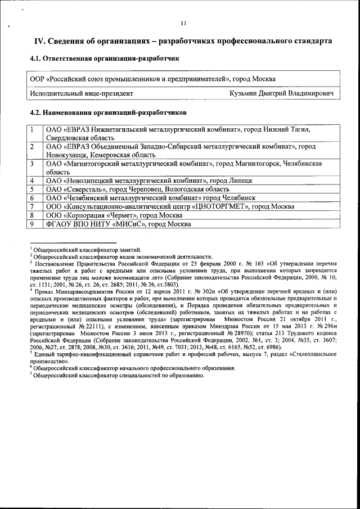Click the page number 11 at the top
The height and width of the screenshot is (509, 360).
tap(183, 23)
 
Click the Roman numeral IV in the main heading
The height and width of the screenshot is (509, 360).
tap(40, 41)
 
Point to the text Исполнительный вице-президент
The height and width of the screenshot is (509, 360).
tap(82, 93)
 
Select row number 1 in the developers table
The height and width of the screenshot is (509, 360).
tap(33, 129)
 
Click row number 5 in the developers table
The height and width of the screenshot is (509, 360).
tap(33, 190)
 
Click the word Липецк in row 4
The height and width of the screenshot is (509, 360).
tap(240, 181)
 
